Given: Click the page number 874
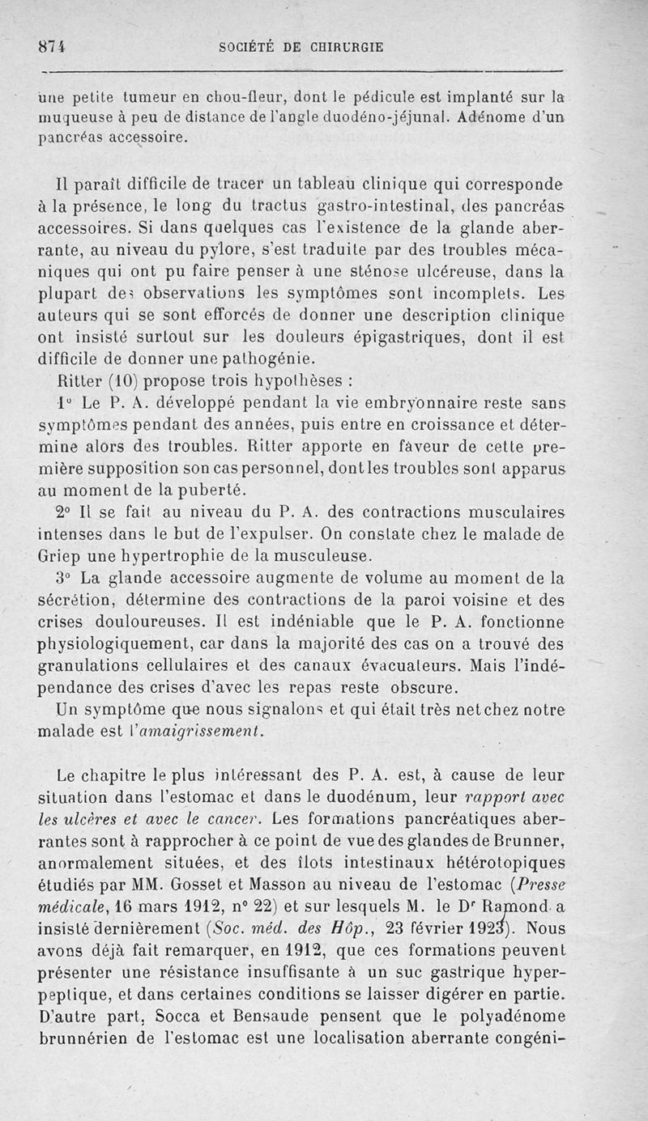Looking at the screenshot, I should pyautogui.click(x=51, y=46).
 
